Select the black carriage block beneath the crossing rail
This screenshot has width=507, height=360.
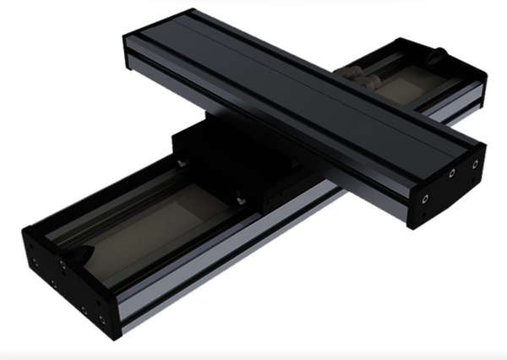pos(211,161)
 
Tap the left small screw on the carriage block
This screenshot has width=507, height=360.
pos(179,157)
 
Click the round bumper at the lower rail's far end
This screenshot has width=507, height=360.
pos(437,57)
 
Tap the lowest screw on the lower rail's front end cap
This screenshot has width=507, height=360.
pos(101,319)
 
